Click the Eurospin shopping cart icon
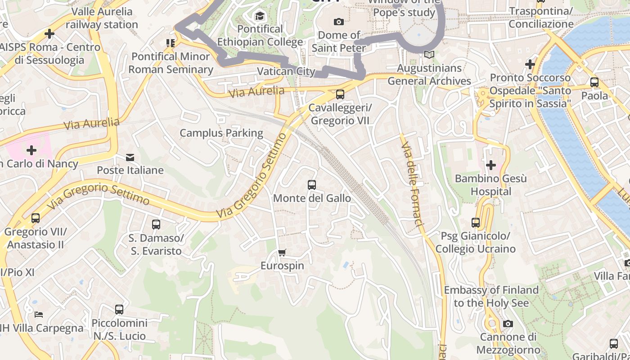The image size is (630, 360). click(x=282, y=252)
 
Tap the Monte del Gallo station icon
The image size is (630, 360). click(x=311, y=184)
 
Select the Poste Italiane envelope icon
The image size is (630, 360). click(x=130, y=157)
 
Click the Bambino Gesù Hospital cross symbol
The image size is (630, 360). click(x=490, y=165)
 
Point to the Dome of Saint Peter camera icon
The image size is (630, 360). click(x=339, y=22)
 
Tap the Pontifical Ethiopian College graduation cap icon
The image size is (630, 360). click(x=260, y=17)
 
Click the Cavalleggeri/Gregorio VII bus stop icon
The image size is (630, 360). click(x=340, y=94)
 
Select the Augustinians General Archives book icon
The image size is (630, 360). click(x=429, y=55)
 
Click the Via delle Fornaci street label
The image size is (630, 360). click(x=412, y=184)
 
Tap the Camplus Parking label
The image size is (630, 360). click(x=221, y=133)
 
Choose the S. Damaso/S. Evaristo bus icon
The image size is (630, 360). click(x=156, y=224)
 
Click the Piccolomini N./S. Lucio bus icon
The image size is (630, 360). click(x=119, y=310)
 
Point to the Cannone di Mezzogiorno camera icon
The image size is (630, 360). click(x=508, y=324)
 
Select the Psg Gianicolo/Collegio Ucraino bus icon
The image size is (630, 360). click(x=476, y=222)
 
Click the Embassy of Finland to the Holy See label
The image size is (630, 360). click(x=491, y=296)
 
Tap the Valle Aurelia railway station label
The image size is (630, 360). click(x=102, y=18)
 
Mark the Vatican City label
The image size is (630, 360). click(x=286, y=71)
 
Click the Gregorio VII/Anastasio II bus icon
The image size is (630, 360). click(x=36, y=218)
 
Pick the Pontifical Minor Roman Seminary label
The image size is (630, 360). click(x=171, y=63)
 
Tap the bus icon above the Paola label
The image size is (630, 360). click(x=594, y=82)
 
